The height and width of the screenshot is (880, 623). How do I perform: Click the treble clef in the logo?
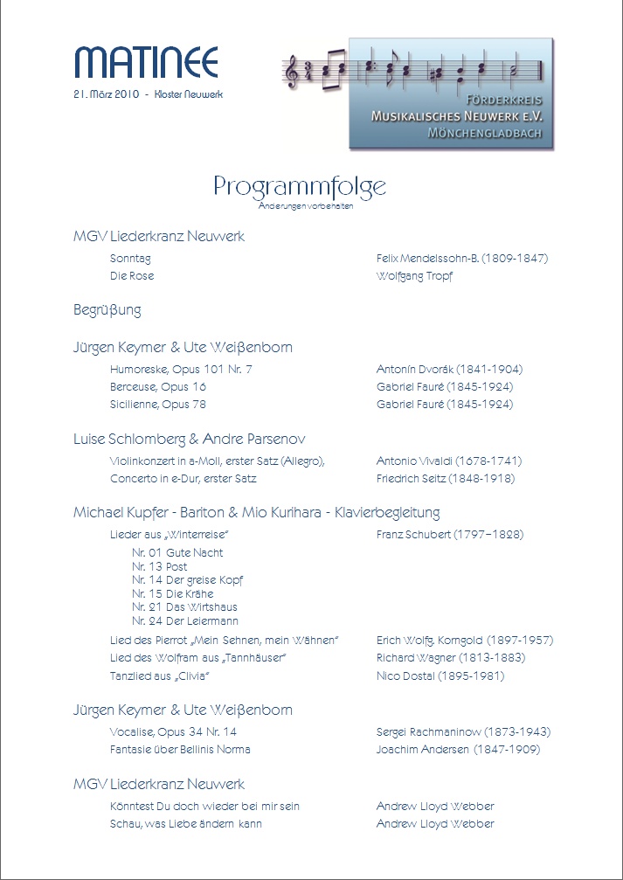click(291, 72)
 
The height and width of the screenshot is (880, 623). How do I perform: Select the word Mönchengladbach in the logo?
click(484, 133)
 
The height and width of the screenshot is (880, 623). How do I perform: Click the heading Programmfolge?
click(299, 186)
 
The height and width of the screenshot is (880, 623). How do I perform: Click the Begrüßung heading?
click(107, 310)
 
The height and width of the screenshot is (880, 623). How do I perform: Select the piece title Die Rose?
click(132, 276)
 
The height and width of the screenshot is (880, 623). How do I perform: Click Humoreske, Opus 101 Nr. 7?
click(181, 370)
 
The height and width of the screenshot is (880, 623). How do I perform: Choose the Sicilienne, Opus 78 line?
click(158, 405)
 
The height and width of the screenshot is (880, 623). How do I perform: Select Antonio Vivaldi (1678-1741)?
click(450, 461)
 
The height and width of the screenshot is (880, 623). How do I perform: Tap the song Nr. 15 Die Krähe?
click(173, 593)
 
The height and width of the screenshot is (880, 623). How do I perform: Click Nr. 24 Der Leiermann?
click(185, 621)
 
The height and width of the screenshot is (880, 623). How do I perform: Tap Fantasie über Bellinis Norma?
click(180, 750)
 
